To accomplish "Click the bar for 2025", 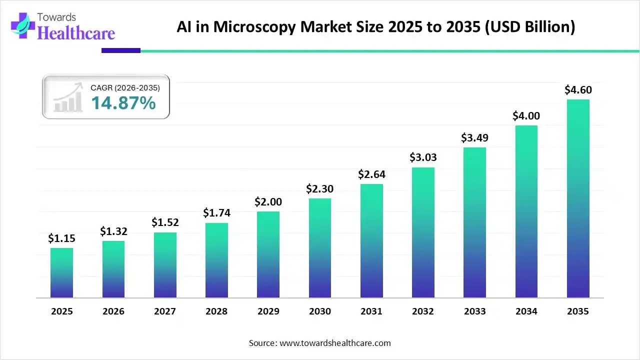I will pyautogui.click(x=61, y=273).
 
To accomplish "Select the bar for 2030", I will pyautogui.click(x=319, y=248).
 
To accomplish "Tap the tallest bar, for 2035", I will pyautogui.click(x=578, y=198).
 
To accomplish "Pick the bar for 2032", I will pyautogui.click(x=423, y=232).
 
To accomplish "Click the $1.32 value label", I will pyautogui.click(x=113, y=231).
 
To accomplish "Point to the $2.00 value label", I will pyautogui.click(x=268, y=201).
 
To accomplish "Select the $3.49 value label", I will pyautogui.click(x=474, y=137).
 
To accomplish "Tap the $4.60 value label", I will pyautogui.click(x=578, y=89).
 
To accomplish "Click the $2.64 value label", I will pyautogui.click(x=371, y=174).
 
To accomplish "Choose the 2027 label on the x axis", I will pyautogui.click(x=165, y=311).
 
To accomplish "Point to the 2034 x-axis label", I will pyautogui.click(x=526, y=311).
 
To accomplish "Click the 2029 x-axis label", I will pyautogui.click(x=268, y=311).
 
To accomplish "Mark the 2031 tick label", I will pyautogui.click(x=371, y=311).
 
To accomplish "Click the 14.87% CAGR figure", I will pyautogui.click(x=123, y=103).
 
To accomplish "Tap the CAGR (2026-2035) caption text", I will pyautogui.click(x=125, y=88).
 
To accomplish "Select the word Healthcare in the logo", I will pyautogui.click(x=76, y=33).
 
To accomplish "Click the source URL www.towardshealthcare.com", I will pyautogui.click(x=334, y=343).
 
